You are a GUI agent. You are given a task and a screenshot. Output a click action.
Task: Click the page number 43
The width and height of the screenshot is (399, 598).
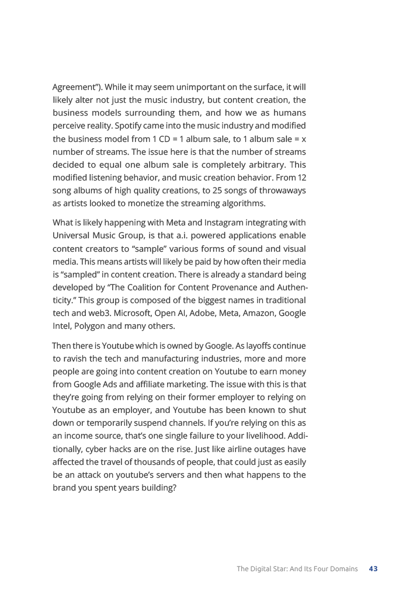point(373,569)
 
